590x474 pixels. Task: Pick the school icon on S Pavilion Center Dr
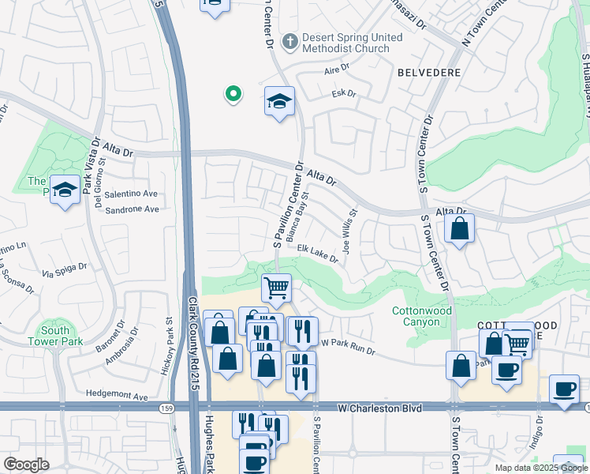pyautogui.click(x=279, y=101)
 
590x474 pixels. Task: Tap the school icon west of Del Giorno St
pyautogui.click(x=65, y=190)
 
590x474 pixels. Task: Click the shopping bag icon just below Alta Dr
pyautogui.click(x=459, y=230)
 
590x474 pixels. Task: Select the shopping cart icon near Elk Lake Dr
pyautogui.click(x=276, y=288)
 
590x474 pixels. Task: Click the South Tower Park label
pyautogui.click(x=56, y=336)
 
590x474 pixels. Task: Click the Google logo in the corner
pyautogui.click(x=27, y=465)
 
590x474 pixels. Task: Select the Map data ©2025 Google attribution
pyautogui.click(x=541, y=468)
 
